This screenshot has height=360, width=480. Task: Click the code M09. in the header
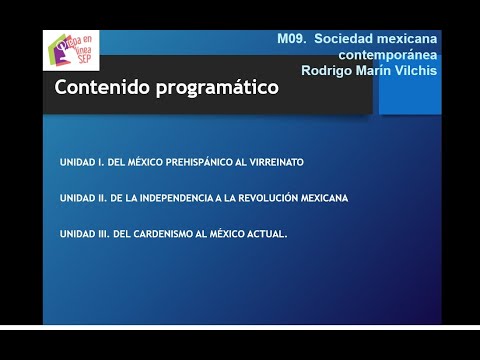pos(293,38)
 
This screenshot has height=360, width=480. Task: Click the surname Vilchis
pos(413,70)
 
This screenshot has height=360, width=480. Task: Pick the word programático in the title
pos(215,89)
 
